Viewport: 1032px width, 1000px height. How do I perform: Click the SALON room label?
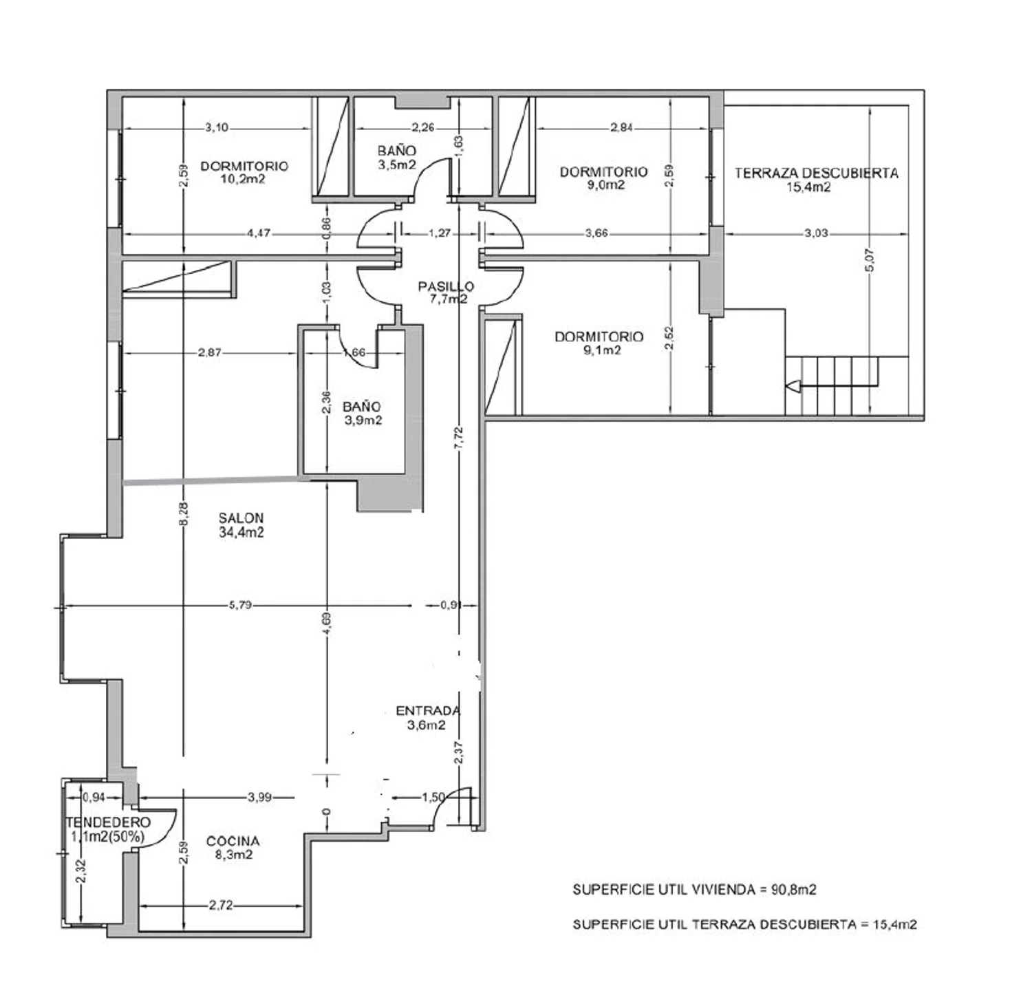(x=241, y=518)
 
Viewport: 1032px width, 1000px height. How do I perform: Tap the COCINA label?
(x=233, y=841)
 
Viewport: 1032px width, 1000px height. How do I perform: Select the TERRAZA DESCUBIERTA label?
(x=816, y=173)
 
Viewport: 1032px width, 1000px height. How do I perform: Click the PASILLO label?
(x=446, y=286)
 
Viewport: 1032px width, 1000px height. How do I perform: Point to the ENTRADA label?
(x=428, y=711)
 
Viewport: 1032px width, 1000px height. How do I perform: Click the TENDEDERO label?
(x=108, y=822)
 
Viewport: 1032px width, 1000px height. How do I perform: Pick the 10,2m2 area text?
(x=243, y=179)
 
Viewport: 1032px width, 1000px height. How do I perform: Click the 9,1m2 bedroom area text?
(x=599, y=350)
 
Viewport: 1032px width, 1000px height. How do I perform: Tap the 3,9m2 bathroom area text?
(x=363, y=420)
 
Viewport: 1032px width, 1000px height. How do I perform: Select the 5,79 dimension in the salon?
(x=240, y=606)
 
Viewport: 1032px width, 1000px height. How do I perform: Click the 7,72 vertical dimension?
(x=459, y=438)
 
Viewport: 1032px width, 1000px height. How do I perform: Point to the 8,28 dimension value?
(x=183, y=514)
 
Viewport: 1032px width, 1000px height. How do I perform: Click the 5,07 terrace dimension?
(x=869, y=260)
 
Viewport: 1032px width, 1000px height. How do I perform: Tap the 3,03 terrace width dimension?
(x=816, y=233)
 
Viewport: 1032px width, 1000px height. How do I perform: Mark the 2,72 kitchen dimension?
(x=221, y=906)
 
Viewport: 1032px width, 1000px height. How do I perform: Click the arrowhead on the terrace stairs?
(x=792, y=386)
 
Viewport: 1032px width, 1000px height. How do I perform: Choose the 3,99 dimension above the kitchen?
(x=259, y=797)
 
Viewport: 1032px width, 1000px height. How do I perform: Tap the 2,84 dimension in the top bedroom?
(x=622, y=127)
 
